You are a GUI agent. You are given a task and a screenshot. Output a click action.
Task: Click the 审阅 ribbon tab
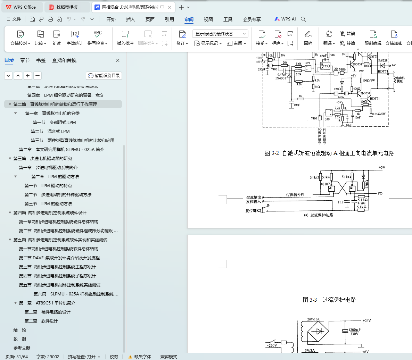click(x=189, y=19)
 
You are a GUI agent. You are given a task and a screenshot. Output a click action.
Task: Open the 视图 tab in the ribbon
click(x=208, y=19)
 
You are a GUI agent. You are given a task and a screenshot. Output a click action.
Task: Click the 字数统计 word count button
click(x=75, y=38)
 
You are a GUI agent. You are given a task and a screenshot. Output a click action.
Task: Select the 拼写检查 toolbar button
click(x=98, y=38)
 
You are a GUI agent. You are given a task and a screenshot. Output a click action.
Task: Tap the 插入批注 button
click(x=125, y=38)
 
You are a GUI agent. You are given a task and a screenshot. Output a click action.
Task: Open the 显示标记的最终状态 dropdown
click(x=220, y=34)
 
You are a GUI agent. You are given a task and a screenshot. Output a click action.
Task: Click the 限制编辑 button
click(x=373, y=38)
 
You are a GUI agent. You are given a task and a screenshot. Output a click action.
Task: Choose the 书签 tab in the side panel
click(x=41, y=60)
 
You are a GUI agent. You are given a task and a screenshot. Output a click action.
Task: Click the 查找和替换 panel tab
click(x=64, y=60)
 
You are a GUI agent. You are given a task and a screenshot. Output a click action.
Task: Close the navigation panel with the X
click(x=118, y=60)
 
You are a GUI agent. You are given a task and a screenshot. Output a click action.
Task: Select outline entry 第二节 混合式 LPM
click(x=58, y=132)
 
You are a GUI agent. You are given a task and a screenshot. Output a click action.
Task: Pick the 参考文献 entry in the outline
click(x=22, y=348)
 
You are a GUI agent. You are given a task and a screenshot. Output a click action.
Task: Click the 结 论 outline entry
click(x=20, y=330)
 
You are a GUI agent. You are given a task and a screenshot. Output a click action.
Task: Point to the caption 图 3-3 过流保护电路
click(x=329, y=300)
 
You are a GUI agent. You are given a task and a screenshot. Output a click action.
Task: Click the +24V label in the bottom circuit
click(x=366, y=320)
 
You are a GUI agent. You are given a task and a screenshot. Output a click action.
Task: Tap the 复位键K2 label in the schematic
click(x=253, y=211)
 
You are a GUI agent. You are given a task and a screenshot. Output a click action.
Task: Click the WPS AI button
click(x=285, y=19)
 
